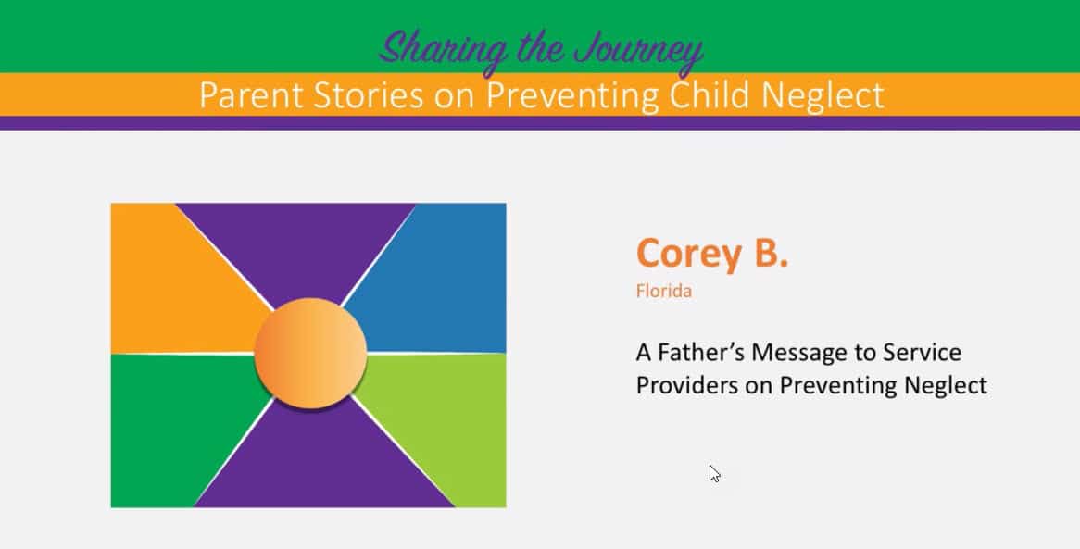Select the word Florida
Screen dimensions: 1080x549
(x=664, y=291)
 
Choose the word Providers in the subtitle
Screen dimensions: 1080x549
(x=686, y=385)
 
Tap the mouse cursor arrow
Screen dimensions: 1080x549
(x=714, y=473)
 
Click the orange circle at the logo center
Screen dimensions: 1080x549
(x=310, y=353)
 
